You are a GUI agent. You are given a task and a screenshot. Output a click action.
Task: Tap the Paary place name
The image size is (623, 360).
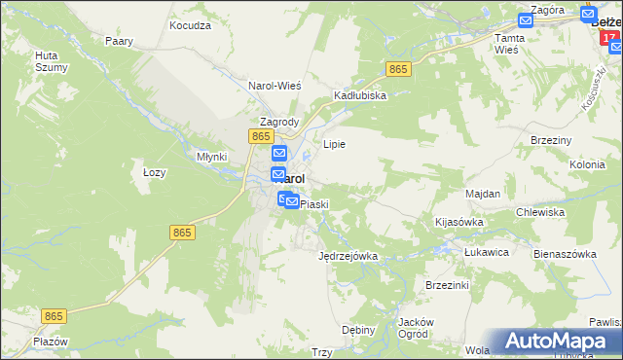coord(119,42)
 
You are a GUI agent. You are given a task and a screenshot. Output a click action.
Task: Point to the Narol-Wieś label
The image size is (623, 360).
coord(275,85)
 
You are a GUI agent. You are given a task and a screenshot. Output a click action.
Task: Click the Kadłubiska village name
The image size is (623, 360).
coord(360,95)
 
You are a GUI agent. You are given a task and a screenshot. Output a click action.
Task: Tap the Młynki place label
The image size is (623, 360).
coord(211,156)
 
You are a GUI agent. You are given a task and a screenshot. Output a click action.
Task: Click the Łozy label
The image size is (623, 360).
coord(155,172)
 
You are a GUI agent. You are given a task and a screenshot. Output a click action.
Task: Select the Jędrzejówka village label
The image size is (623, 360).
coord(348,256)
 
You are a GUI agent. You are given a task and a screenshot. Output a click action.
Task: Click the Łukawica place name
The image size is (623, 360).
coord(487,251)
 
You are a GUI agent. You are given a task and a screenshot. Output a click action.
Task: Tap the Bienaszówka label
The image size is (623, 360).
coord(565,253)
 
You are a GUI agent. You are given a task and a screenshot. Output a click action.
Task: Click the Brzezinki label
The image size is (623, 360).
coord(448,285)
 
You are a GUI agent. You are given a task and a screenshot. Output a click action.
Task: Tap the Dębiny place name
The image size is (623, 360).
coord(359,330)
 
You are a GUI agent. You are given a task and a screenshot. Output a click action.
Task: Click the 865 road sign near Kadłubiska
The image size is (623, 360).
coord(397,69)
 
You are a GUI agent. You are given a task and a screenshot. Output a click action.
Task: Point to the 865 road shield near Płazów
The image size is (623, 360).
coord(55,316)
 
